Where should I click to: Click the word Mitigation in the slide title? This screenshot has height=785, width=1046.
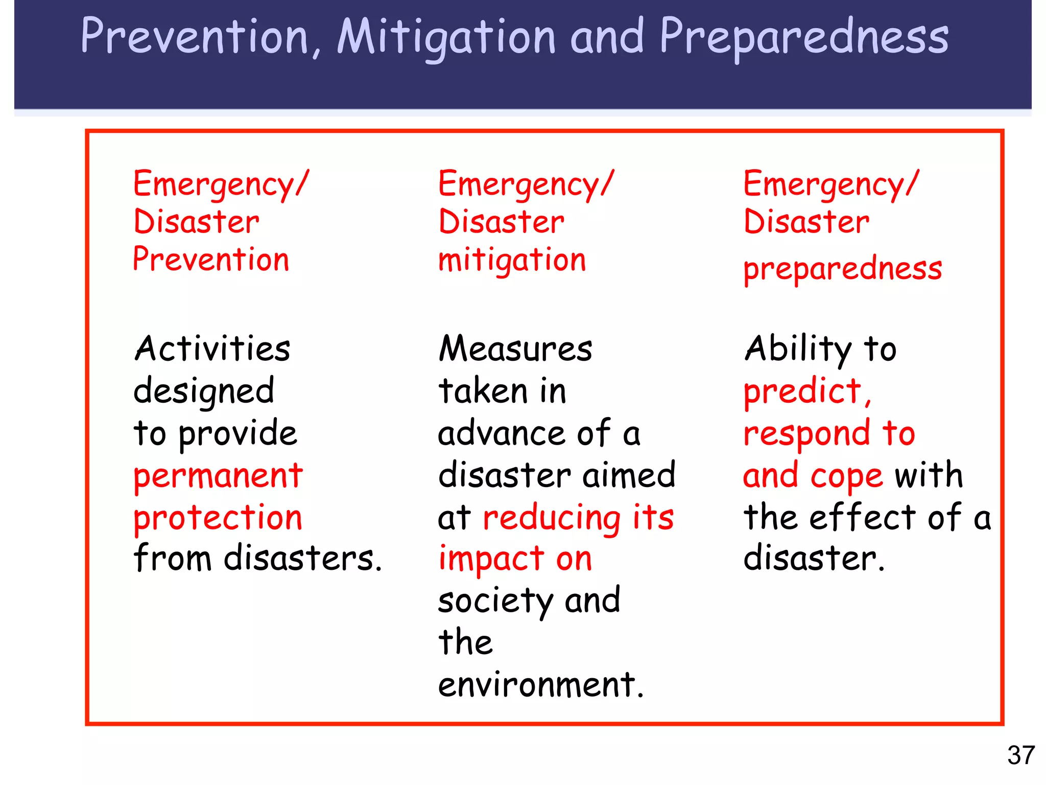tap(446, 37)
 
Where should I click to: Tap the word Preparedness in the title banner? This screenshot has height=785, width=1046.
tap(804, 37)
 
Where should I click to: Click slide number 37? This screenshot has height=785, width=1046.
tap(1020, 755)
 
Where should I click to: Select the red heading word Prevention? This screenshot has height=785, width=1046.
tap(211, 259)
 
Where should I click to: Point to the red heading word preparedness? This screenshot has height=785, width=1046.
tap(842, 269)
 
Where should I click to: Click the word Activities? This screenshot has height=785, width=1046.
tap(212, 349)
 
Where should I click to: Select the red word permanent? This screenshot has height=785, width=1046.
tap(218, 476)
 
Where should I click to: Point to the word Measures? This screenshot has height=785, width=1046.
tap(515, 349)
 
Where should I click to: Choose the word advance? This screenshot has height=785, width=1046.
tap(501, 434)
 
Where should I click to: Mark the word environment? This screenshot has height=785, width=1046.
tap(537, 685)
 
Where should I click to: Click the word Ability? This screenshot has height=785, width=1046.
tap(798, 349)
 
